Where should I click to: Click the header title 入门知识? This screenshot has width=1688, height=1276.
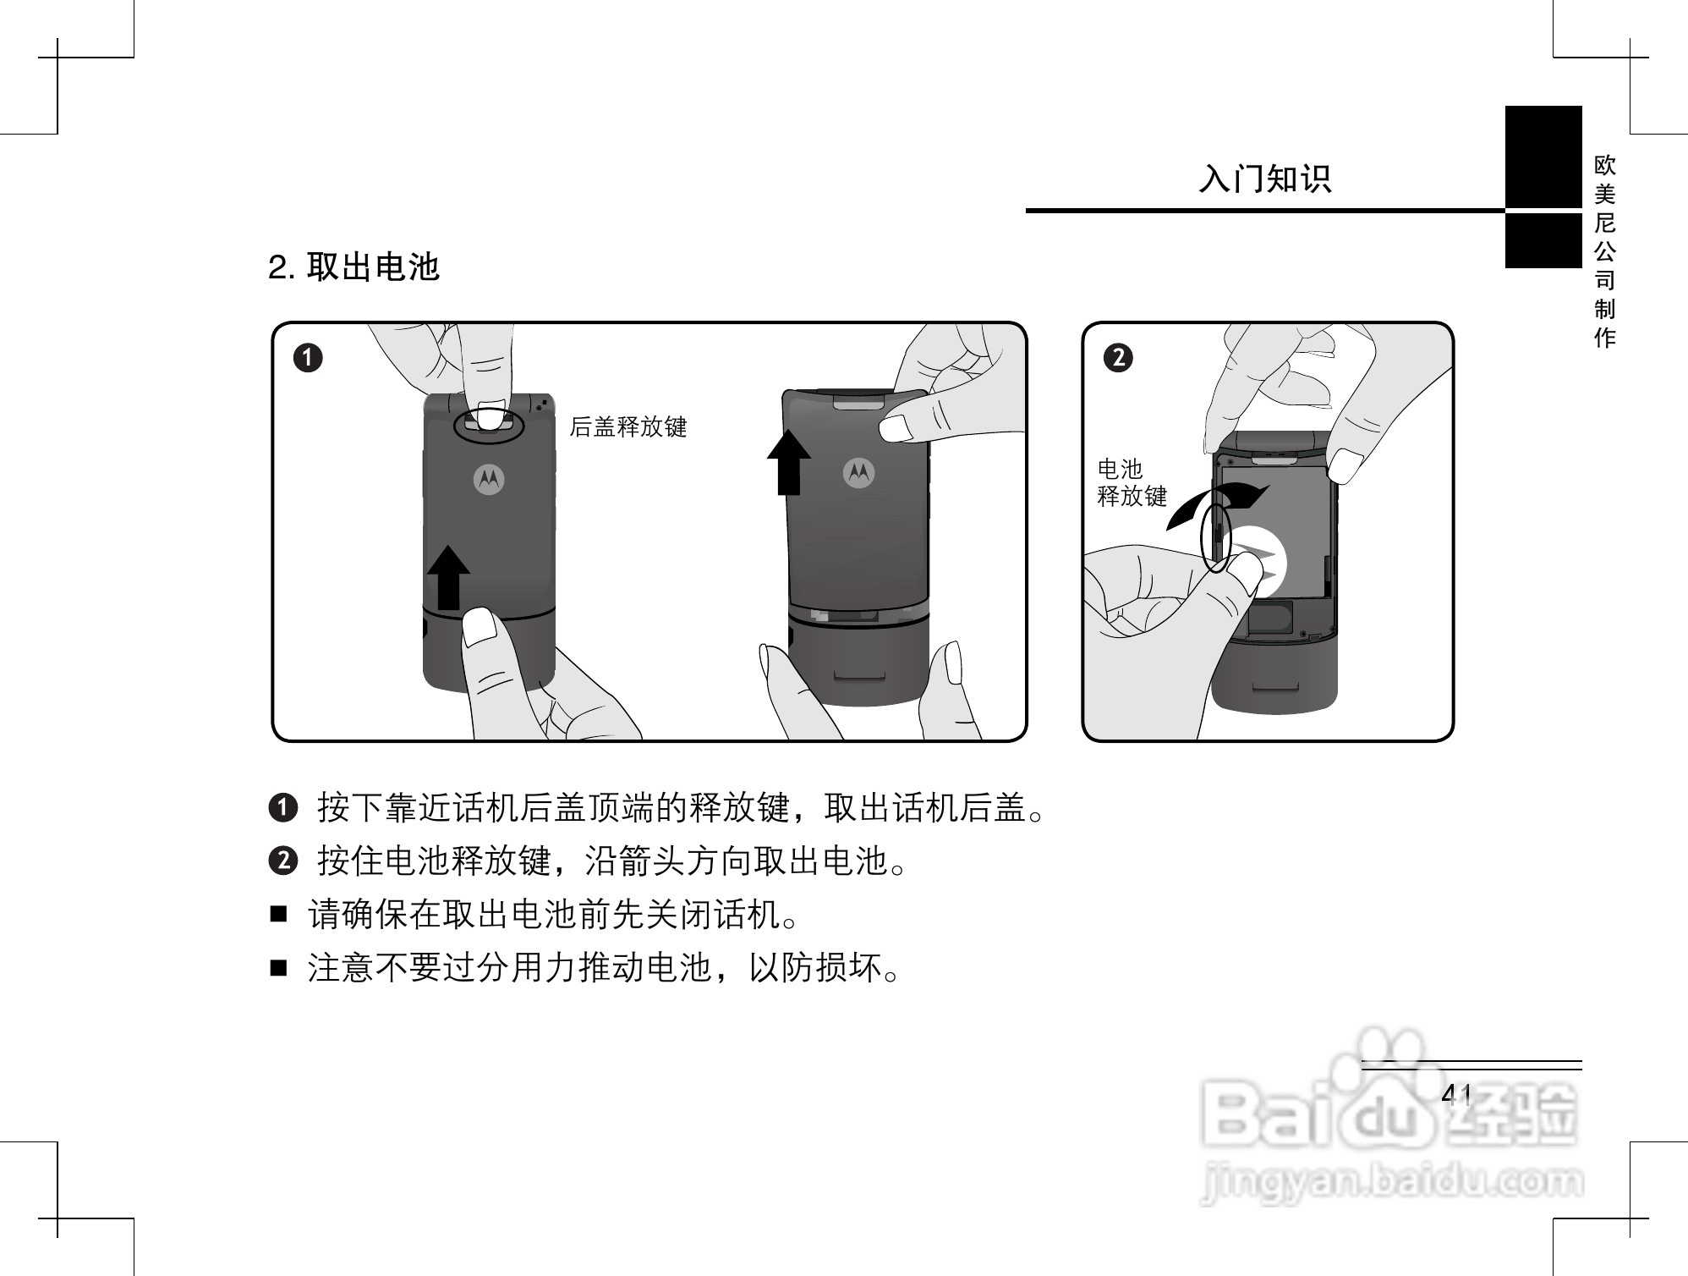(1264, 179)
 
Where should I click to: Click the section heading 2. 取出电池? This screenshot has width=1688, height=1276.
(353, 267)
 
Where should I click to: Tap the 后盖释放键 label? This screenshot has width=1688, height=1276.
(628, 426)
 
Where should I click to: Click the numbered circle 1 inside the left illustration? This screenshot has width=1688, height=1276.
(309, 358)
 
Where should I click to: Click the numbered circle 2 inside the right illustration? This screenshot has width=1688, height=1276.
(1118, 358)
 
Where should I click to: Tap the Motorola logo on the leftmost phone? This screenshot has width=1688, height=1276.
(489, 479)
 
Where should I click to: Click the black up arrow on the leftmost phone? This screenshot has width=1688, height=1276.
(448, 577)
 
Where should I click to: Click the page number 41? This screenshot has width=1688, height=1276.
(1456, 1095)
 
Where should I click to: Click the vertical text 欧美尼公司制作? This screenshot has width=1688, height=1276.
(1604, 251)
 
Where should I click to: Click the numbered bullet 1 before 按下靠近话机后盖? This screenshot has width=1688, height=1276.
(283, 808)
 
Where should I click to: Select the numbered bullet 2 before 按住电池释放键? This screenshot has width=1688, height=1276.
(283, 861)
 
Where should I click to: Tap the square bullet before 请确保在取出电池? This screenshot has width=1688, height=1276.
(279, 915)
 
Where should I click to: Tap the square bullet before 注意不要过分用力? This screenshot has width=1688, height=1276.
(279, 967)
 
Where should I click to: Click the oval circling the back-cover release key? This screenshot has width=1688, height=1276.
(489, 426)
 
